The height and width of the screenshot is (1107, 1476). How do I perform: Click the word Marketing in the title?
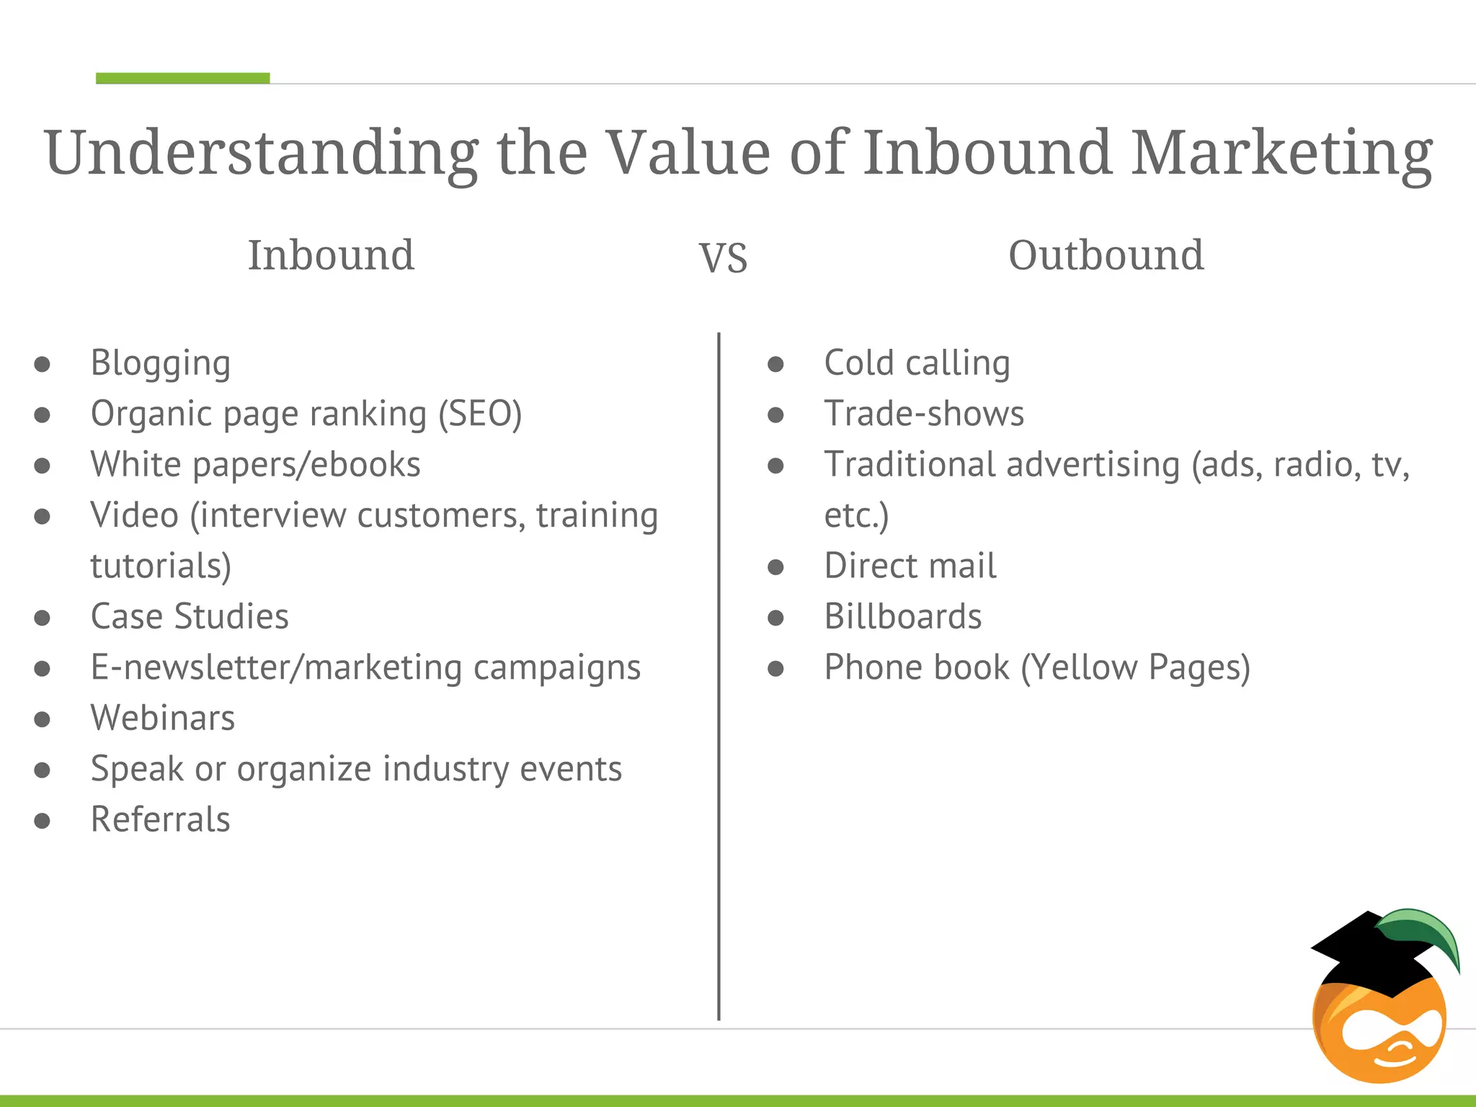point(1281,154)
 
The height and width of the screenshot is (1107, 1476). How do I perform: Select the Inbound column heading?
point(331,255)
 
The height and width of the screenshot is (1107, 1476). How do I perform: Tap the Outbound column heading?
point(1106,255)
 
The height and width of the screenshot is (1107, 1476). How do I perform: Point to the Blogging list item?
point(160,363)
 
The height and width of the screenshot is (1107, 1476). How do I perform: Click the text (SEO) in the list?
point(480,414)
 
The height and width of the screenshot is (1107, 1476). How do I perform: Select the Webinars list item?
point(163,718)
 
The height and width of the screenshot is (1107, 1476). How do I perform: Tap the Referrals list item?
point(160,819)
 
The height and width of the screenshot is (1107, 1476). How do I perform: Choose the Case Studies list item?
point(190,617)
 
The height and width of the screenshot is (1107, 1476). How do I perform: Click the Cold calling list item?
point(917,363)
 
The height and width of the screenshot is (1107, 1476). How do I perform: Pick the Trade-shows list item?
point(924,414)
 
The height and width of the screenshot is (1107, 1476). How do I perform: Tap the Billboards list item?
point(902,617)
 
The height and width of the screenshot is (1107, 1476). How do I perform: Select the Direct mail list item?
point(910,566)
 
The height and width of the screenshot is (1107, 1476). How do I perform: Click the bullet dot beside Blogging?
point(43,364)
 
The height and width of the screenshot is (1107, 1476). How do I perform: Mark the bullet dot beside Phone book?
point(775,669)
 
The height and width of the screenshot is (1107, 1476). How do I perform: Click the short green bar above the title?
point(182,78)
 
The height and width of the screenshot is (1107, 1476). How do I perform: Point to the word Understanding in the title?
point(261,154)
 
